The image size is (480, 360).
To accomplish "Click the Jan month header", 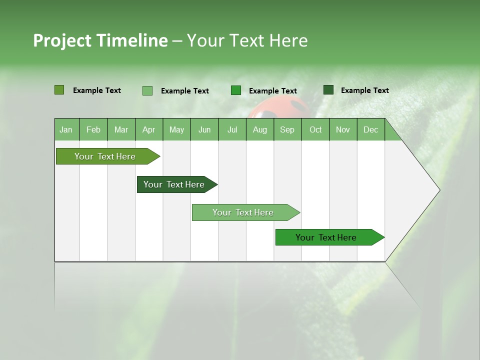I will pos(66,130).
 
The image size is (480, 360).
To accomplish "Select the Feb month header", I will pos(93,130).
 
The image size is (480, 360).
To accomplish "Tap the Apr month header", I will pos(148,130).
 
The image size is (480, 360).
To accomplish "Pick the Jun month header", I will pos(204,130).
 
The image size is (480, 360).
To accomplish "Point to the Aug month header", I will pos(259,130).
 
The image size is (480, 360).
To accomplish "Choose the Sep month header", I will pos(287,130).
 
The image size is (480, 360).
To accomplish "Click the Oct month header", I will pos(315,130).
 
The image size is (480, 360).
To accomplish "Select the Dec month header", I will pos(370,130).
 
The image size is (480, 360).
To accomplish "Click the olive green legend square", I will pos(59,90).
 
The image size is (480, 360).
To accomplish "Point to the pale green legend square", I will pos(147,90).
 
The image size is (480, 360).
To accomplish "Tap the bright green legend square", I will pos(236,90).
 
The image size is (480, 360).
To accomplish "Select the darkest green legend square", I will pos(328,90).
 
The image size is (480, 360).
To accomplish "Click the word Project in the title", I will pos(62,40).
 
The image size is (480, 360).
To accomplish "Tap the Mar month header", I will pos(121,130).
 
